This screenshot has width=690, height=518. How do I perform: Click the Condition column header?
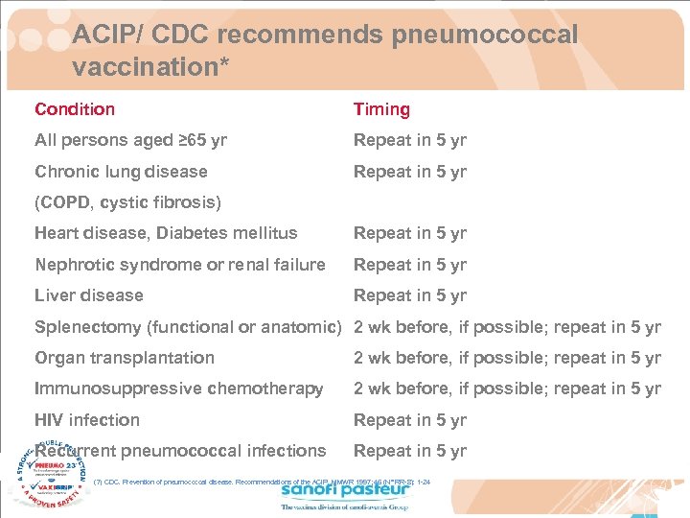pos(75,109)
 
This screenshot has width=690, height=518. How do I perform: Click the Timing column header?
pos(381,109)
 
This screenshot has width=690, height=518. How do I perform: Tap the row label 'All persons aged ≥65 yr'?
pos(130,140)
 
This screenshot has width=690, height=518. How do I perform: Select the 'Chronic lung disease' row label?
pos(121,172)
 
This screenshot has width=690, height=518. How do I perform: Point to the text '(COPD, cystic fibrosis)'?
pos(127,202)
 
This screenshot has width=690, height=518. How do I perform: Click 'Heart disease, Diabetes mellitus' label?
pos(166,233)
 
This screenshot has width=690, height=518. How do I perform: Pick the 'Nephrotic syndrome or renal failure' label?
pos(180,264)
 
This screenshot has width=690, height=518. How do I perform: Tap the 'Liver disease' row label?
pos(89,295)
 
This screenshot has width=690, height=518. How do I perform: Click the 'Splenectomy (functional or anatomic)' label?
pos(188,327)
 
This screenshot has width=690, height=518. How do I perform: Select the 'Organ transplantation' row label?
pos(125,358)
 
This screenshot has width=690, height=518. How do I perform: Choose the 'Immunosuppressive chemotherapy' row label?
pos(179,388)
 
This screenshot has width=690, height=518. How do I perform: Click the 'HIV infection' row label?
pos(87,420)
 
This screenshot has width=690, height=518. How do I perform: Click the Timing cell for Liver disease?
pos(410,295)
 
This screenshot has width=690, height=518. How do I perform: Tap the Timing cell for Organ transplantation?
pos(507,358)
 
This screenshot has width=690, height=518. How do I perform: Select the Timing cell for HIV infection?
pos(410,420)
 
